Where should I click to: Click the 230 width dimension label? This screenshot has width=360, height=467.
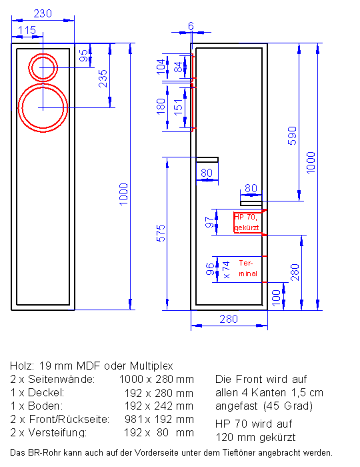[43, 13]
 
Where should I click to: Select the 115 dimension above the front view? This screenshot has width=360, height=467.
[27, 30]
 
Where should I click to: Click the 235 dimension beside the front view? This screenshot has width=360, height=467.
[103, 79]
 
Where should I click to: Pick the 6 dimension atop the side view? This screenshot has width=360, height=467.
[191, 26]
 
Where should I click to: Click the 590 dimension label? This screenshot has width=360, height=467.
[292, 136]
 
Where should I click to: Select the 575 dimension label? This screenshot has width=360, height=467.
[161, 233]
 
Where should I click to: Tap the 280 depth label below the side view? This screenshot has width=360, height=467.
[229, 320]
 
